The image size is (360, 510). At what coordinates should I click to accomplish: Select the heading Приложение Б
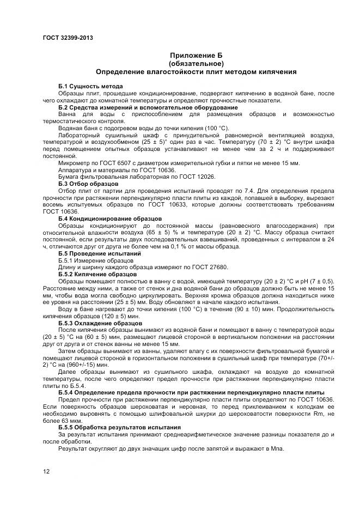pyautogui.click(x=196, y=56)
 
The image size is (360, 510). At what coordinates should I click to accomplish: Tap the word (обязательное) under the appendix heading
pyautogui.click(x=196, y=63)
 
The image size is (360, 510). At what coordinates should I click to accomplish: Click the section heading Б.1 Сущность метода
pyautogui.click(x=90, y=87)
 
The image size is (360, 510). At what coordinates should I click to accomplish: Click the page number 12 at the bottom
pyautogui.click(x=46, y=471)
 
